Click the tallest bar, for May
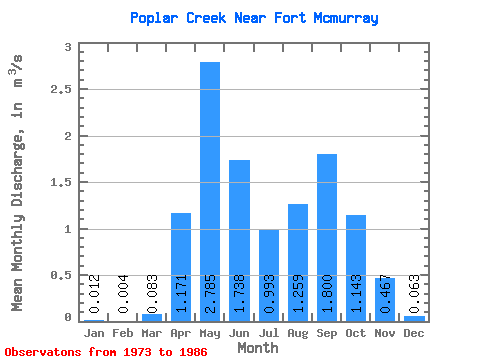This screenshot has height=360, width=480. tap(210, 192)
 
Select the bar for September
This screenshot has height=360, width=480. tap(327, 238)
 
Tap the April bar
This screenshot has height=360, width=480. tap(181, 267)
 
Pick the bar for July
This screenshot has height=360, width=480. tap(269, 276)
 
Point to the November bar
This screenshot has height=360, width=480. tap(385, 300)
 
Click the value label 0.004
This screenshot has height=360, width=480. tap(123, 294)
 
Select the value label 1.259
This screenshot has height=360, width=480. tap(298, 294)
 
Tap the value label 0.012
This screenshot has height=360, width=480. tap(94, 294)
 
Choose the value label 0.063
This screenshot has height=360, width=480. tap(414, 294)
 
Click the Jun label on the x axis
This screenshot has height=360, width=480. tap(239, 333)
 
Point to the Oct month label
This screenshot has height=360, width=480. tap(356, 333)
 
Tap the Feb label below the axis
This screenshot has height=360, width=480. tap(123, 333)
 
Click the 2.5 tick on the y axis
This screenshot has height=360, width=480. tap(61, 89)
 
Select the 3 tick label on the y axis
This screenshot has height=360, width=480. tap(68, 47)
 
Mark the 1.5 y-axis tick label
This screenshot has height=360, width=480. tap(61, 182)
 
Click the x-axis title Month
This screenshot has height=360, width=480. tap(258, 348)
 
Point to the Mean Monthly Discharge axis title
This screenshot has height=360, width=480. tap(17, 183)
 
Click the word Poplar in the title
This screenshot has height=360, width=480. tap(154, 19)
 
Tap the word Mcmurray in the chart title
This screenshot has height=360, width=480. tap(346, 19)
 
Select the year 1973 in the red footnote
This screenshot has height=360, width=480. tap(137, 352)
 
